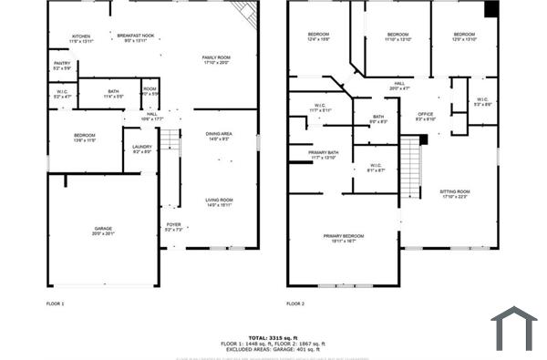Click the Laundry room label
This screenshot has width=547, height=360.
coord(141,149)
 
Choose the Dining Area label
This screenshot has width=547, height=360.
coord(218,136)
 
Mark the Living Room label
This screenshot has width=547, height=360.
coord(218,202)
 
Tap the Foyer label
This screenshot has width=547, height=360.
coord(173,226)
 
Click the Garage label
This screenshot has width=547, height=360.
coord(103,231)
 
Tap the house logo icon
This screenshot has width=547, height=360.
coord(513,328)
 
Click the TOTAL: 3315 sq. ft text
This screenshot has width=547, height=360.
coord(273,336)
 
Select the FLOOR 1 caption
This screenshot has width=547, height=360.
coord(56,303)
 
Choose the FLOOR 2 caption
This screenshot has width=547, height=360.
coord(295,303)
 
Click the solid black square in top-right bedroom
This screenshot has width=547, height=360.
coord(491,9)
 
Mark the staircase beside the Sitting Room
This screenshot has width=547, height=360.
coord(412,166)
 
